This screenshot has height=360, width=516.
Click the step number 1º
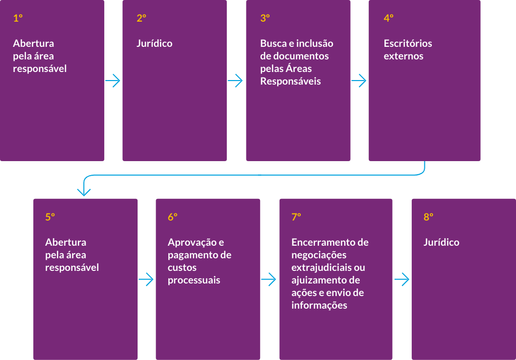[18, 18]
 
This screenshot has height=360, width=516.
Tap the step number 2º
[142, 18]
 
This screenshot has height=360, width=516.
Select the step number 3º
[265, 18]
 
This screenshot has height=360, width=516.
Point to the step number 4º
[389, 18]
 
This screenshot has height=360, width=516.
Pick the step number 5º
[50, 217]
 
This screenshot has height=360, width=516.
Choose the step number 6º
[173, 217]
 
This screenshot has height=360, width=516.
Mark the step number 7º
[296, 217]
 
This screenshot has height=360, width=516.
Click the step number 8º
[428, 217]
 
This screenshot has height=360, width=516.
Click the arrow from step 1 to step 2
[112, 81]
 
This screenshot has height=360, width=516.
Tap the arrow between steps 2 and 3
[235, 81]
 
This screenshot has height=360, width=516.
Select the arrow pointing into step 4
[359, 81]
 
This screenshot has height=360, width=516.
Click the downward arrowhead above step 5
[84, 192]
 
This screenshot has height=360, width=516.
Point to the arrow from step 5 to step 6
[146, 279]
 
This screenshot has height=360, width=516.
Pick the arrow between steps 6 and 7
[269, 279]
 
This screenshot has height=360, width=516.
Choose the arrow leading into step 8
[402, 279]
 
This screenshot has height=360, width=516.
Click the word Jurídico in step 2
[155, 43]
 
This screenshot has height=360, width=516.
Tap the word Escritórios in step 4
[408, 43]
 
